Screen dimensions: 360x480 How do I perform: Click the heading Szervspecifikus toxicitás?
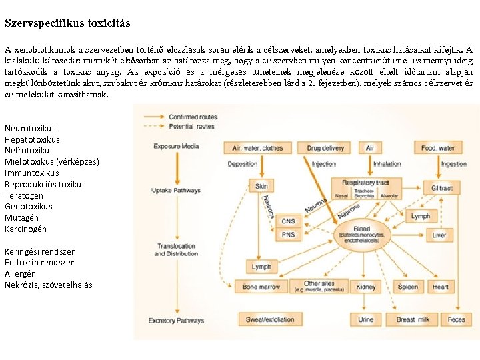(67, 23)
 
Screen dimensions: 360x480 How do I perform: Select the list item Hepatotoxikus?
(32, 139)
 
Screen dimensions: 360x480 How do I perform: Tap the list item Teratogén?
(24, 195)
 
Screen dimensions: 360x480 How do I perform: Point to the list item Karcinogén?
(26, 229)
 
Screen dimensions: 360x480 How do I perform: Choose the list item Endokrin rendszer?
(39, 263)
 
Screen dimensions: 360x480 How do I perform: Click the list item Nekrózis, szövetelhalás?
(49, 285)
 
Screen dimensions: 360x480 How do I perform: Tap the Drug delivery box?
(325, 148)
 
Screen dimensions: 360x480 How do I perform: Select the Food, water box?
(438, 148)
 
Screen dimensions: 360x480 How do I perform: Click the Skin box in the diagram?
(261, 187)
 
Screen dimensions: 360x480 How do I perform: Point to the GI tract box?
(441, 188)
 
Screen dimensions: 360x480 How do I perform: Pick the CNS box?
(288, 221)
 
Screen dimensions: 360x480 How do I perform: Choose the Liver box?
(439, 235)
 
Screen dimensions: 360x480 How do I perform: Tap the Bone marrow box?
(261, 287)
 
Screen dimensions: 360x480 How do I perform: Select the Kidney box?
(366, 287)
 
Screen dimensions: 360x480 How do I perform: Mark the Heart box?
(441, 287)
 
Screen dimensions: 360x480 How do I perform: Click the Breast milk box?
(413, 320)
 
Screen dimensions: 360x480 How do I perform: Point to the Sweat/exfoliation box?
(270, 320)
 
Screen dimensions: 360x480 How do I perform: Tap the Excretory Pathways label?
(176, 321)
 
